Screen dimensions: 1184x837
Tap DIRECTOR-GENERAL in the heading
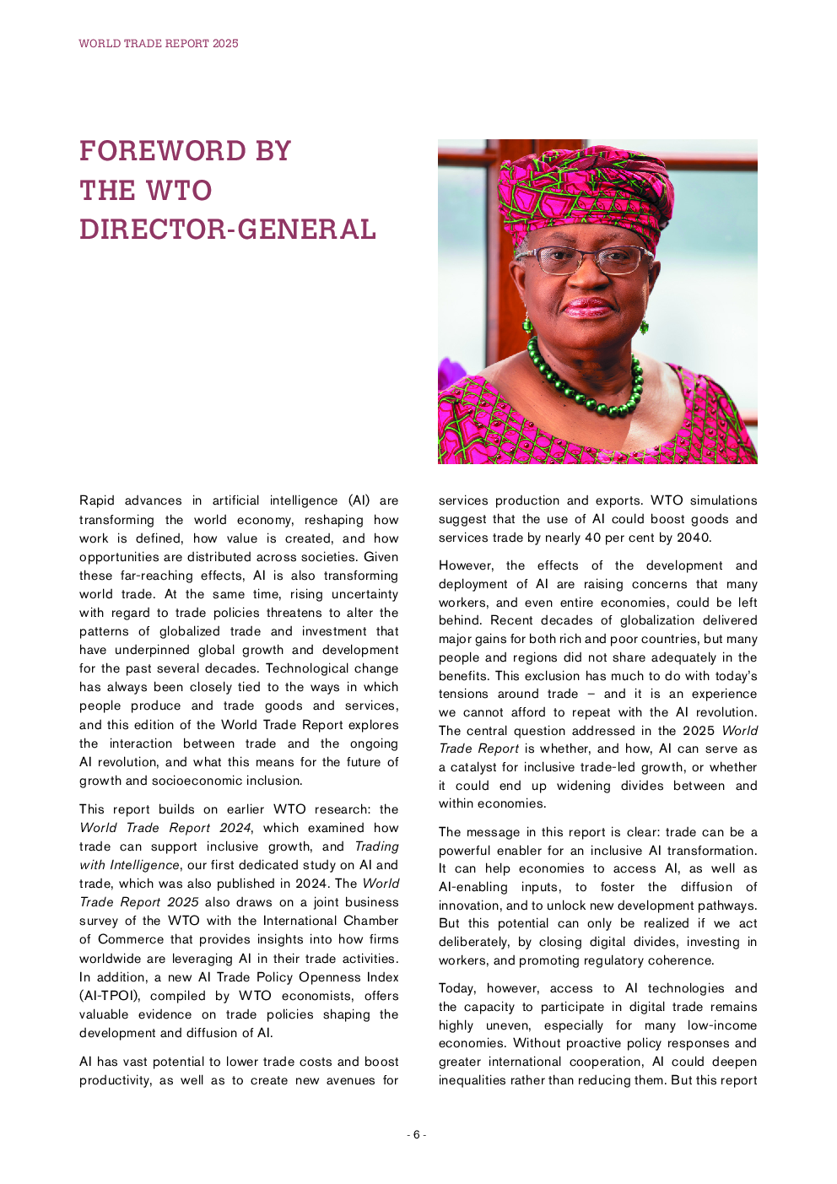point(228,230)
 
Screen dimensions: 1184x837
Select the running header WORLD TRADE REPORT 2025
point(159,43)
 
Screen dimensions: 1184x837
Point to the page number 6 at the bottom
point(416,1135)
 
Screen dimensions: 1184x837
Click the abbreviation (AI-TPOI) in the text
point(110,996)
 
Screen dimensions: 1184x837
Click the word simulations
point(723,500)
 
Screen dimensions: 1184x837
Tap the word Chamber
point(371,921)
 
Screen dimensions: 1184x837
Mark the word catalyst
point(475,767)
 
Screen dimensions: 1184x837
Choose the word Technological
point(332,668)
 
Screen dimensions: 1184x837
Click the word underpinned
point(153,650)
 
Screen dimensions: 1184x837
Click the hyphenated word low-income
point(722,1025)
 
